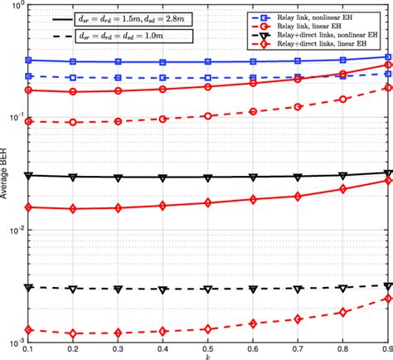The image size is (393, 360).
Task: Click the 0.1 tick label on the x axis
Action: coord(29,349)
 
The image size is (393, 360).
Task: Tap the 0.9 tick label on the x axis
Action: coord(386,349)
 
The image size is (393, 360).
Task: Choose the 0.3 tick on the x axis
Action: coord(119,349)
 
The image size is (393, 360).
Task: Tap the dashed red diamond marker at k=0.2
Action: coord(74,333)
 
